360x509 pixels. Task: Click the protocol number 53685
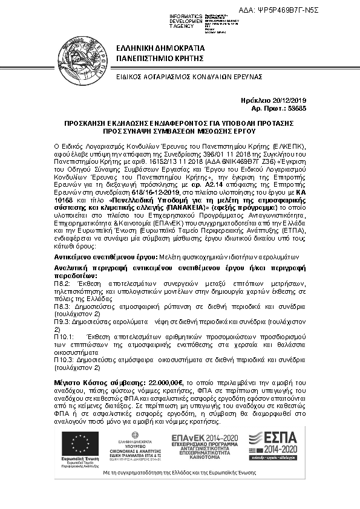coord(296,108)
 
